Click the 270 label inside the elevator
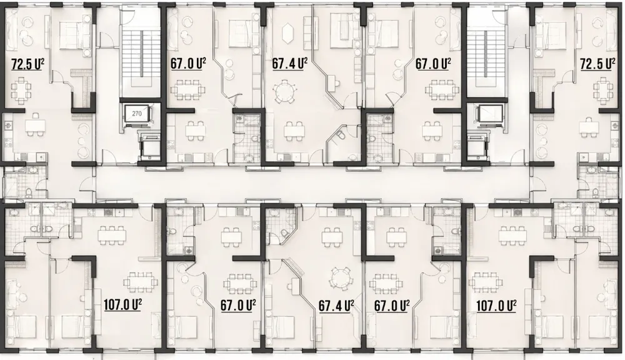pos(137,114)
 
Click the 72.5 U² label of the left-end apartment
pos(27,64)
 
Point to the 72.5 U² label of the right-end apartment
pos(596,64)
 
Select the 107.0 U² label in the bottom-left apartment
pos(122,305)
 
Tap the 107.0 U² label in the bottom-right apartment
pos(496,306)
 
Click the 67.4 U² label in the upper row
pos(289,64)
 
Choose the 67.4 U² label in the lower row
pos(336,306)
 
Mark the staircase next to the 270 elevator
pos(137,54)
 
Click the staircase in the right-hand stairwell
pos(485,54)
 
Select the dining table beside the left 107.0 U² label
pos(140,282)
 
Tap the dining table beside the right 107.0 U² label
pos(486,282)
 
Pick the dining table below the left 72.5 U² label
pos(19,91)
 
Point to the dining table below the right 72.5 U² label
pos(604,91)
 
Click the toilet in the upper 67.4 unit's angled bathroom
pos(340,137)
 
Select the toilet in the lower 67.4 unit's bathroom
pos(284,233)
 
